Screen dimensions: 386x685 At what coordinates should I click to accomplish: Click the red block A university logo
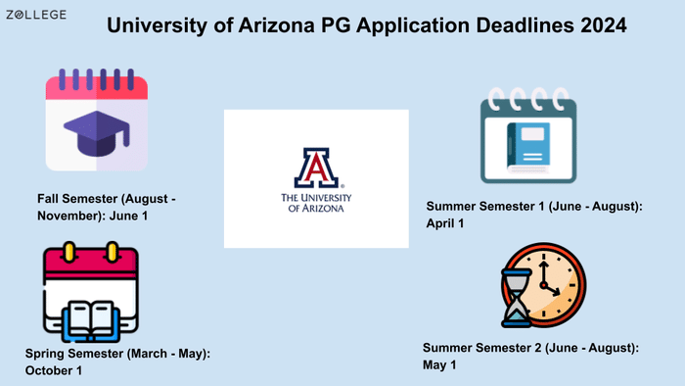(315, 168)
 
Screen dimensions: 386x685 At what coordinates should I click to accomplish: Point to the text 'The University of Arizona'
(315, 202)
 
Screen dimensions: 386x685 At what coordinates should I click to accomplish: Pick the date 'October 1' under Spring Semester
(54, 370)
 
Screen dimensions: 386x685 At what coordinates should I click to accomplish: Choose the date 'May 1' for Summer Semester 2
(439, 364)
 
